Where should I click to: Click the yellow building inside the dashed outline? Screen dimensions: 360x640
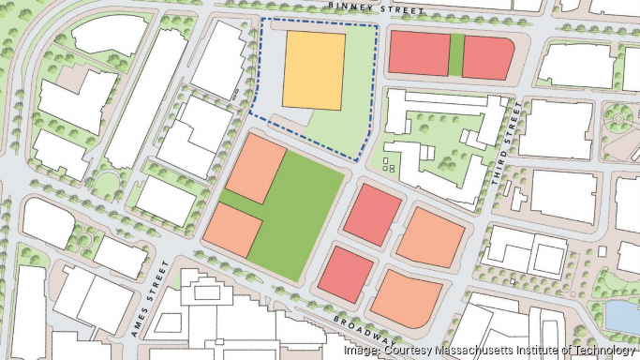(x=314, y=68)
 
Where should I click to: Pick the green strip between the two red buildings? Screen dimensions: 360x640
(x=455, y=54)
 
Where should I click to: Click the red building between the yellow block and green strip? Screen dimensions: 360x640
(x=418, y=52)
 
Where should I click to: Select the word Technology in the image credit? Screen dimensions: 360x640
(x=601, y=350)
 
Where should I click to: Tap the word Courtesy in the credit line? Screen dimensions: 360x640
(x=405, y=350)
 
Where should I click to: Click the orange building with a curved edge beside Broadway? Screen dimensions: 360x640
(x=407, y=297)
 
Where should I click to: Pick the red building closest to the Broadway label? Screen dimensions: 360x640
(x=344, y=272)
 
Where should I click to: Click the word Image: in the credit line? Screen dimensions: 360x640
(x=361, y=350)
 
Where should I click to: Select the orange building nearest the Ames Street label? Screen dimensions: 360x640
(x=233, y=230)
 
